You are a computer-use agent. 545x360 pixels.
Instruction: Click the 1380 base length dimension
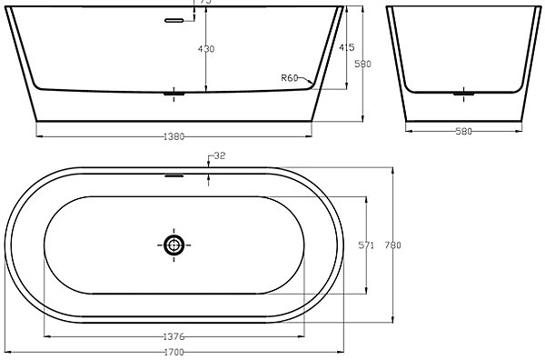click(x=173, y=136)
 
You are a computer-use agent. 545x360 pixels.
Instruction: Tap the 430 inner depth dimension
click(x=206, y=49)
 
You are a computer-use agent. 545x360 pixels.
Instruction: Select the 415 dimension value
click(x=347, y=47)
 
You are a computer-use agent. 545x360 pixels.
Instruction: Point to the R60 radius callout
click(x=290, y=78)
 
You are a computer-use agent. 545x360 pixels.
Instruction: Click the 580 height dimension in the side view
click(x=362, y=64)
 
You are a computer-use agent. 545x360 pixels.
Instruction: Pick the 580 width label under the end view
click(x=463, y=132)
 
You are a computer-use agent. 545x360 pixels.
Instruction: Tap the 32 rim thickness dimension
click(x=220, y=155)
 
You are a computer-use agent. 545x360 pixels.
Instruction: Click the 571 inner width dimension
click(x=366, y=245)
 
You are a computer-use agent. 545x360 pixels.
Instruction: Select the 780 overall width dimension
click(x=392, y=245)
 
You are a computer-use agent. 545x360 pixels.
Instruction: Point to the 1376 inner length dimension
click(x=173, y=336)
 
